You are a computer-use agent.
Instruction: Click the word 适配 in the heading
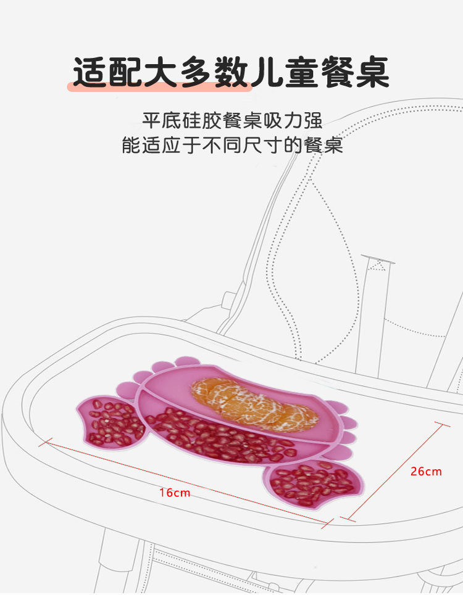pos(107,73)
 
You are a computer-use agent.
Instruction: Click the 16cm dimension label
pos(175,492)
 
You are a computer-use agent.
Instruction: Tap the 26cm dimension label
pos(426,471)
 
